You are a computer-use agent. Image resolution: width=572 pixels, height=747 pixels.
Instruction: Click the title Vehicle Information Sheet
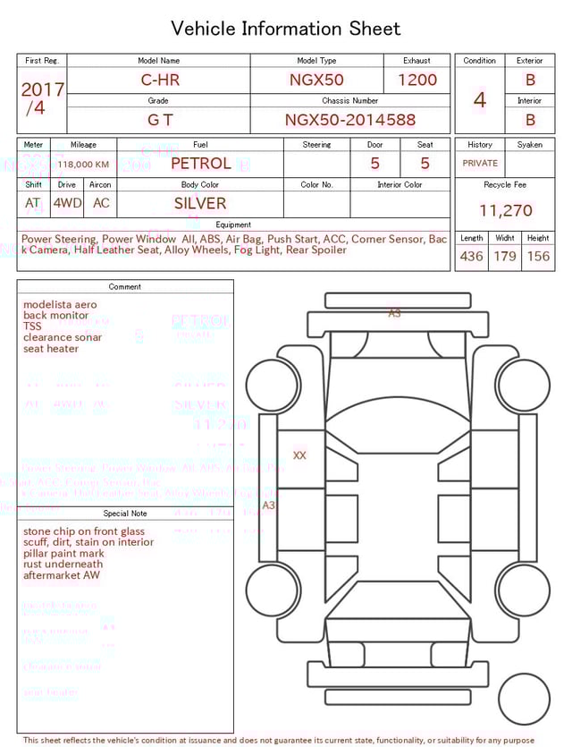pyautogui.click(x=286, y=29)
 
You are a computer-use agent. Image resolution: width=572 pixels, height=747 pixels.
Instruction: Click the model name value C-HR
pyautogui.click(x=161, y=80)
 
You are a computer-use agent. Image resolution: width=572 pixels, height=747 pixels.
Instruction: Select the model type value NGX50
pyautogui.click(x=316, y=80)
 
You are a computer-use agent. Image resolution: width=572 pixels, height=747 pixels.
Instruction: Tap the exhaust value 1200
pyautogui.click(x=417, y=80)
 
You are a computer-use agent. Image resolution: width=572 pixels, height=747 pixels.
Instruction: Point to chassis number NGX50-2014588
pyautogui.click(x=350, y=120)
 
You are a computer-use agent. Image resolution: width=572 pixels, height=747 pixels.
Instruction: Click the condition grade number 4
pyautogui.click(x=480, y=100)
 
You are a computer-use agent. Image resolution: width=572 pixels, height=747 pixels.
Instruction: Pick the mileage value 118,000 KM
pyautogui.click(x=83, y=165)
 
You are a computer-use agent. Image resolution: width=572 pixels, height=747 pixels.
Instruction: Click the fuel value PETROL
pyautogui.click(x=200, y=164)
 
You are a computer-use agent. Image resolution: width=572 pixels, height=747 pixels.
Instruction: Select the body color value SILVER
pyautogui.click(x=200, y=203)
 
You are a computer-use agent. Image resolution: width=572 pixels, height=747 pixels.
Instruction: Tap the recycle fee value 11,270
pyautogui.click(x=506, y=211)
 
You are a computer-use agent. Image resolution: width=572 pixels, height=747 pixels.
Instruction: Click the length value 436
pyautogui.click(x=471, y=257)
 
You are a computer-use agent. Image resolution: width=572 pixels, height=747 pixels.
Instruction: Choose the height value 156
pyautogui.click(x=538, y=257)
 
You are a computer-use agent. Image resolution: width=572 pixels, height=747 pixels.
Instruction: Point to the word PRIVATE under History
pyautogui.click(x=480, y=164)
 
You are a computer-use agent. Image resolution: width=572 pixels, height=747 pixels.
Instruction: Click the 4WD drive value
pyautogui.click(x=67, y=203)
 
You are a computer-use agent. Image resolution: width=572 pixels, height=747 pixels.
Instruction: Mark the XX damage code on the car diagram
pyautogui.click(x=299, y=455)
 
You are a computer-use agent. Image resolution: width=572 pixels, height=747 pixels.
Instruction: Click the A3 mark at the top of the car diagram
pyautogui.click(x=394, y=314)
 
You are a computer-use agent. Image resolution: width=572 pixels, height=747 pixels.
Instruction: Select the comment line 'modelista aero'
pyautogui.click(x=60, y=305)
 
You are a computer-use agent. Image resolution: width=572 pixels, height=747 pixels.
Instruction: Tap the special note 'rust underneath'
pyautogui.click(x=63, y=564)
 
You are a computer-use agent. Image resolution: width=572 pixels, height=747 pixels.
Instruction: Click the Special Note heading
pyautogui.click(x=125, y=514)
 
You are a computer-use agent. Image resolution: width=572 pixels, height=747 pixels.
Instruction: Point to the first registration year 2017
pyautogui.click(x=42, y=89)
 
